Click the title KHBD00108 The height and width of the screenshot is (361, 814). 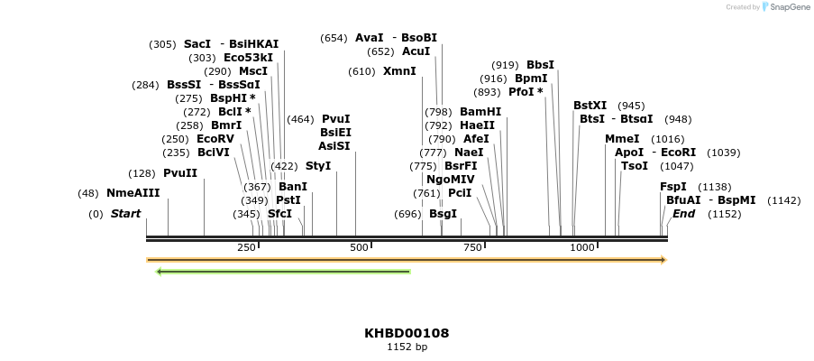[407, 333]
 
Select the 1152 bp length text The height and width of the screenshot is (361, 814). [407, 347]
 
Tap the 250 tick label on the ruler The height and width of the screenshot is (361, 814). [246, 247]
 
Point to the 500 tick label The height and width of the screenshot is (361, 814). [359, 247]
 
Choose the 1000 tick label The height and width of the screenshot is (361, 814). [582, 247]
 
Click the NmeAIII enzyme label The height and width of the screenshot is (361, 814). [133, 193]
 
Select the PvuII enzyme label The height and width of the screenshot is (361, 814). [180, 173]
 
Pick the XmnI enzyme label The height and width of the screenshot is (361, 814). [399, 71]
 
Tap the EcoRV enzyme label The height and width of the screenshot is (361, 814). [215, 139]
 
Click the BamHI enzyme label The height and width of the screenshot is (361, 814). [480, 112]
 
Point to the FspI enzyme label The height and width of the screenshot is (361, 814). [673, 187]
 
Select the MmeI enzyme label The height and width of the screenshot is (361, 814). [622, 139]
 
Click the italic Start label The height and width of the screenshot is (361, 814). [125, 214]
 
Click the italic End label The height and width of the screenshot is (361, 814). [683, 214]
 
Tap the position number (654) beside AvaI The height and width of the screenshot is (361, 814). [334, 38]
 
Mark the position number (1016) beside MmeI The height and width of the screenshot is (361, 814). [667, 139]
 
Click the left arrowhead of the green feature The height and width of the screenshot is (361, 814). [159, 271]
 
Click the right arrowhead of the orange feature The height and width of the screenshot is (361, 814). [663, 260]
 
